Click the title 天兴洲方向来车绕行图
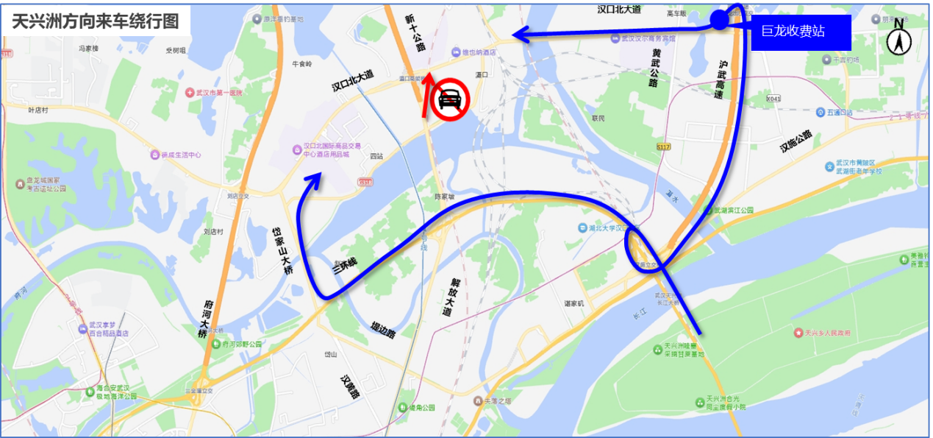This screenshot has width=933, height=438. [96, 21]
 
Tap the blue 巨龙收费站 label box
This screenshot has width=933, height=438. [801, 32]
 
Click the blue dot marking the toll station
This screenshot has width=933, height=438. [719, 21]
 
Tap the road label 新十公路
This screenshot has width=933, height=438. [415, 32]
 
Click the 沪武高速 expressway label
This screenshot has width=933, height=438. [723, 80]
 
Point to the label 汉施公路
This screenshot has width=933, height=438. [796, 141]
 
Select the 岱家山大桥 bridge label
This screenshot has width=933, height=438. [282, 250]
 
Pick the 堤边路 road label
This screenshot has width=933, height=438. [382, 330]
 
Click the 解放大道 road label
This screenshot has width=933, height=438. [451, 297]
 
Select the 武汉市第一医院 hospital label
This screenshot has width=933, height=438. [218, 93]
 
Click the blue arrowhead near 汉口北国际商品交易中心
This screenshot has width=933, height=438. [315, 177]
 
